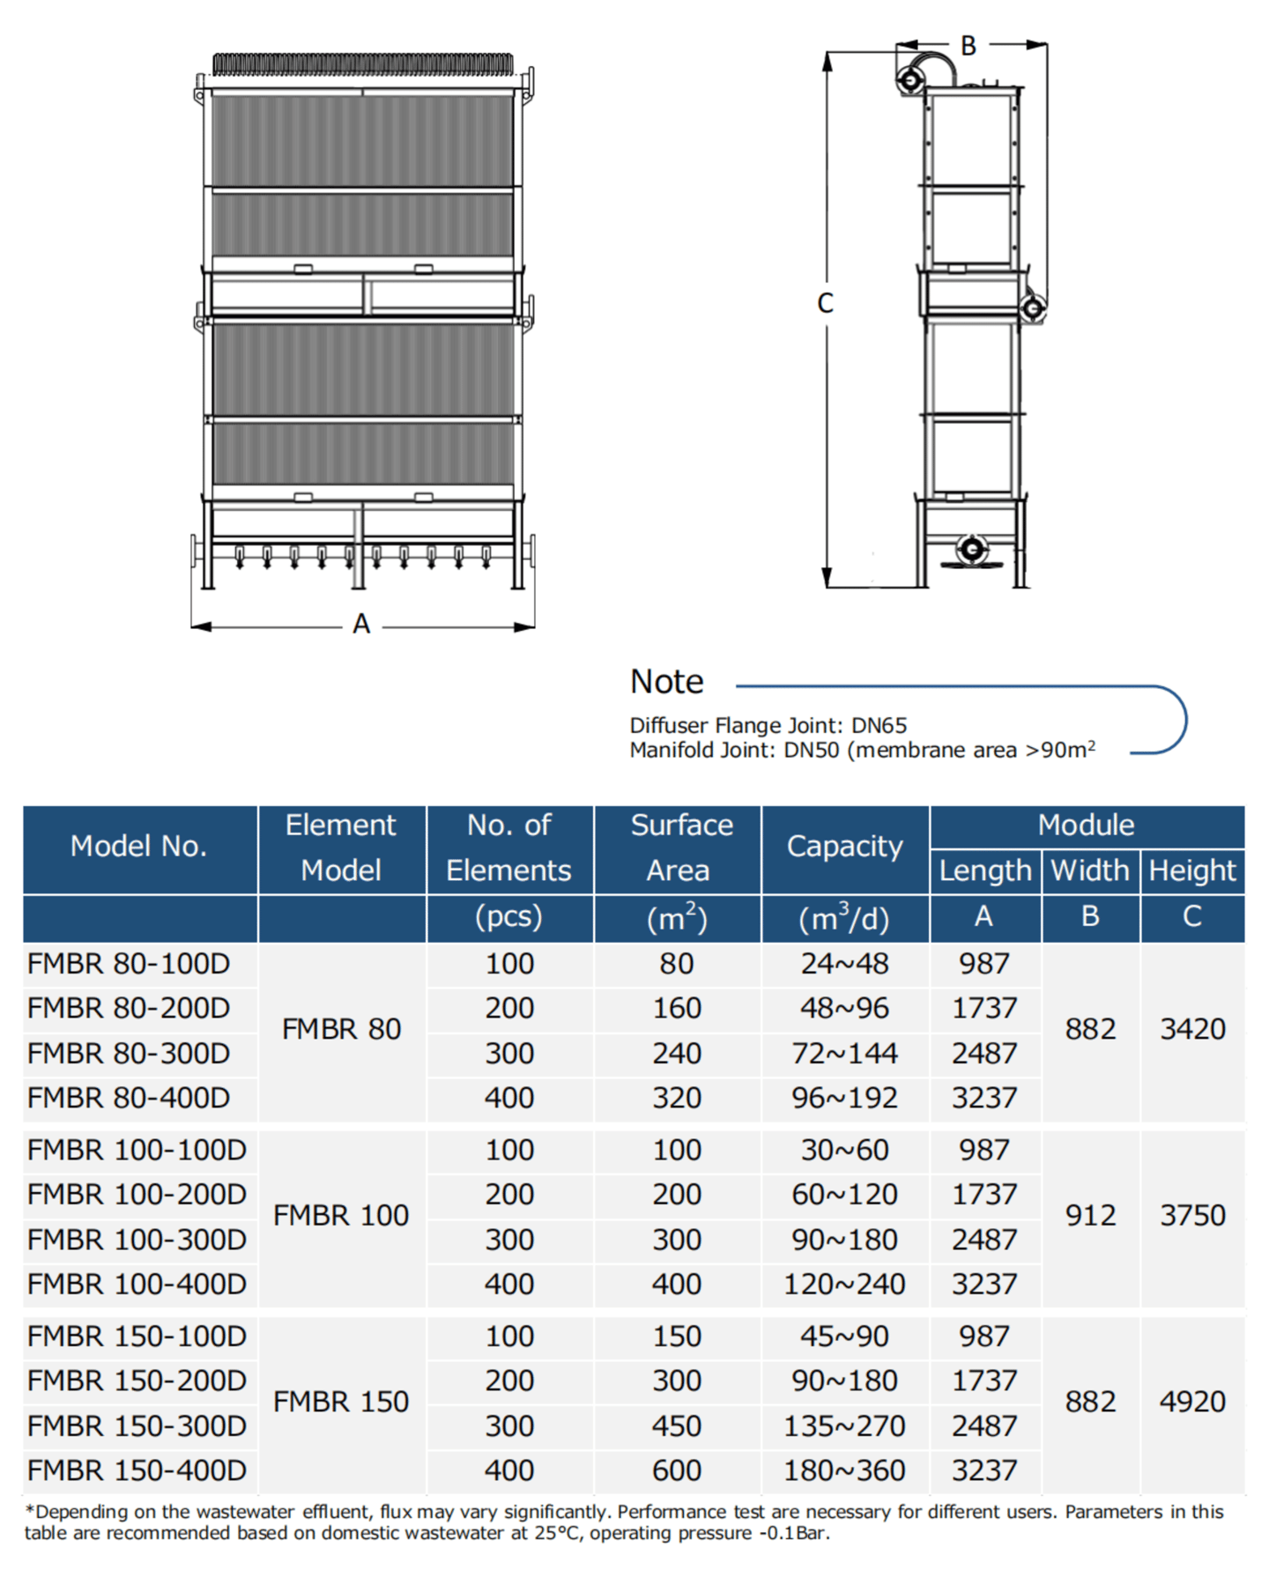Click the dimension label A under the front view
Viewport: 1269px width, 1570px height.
pyautogui.click(x=361, y=624)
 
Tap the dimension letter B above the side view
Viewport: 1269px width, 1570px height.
pyautogui.click(x=968, y=46)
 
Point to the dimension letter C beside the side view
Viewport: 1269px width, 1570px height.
pyautogui.click(x=825, y=303)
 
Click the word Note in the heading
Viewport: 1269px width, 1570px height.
pyautogui.click(x=666, y=681)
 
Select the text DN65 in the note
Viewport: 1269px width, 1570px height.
pyautogui.click(x=879, y=725)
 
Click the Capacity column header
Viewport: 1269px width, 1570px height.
pyautogui.click(x=844, y=847)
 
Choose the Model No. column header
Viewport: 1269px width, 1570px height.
pyautogui.click(x=138, y=847)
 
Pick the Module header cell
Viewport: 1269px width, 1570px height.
pyautogui.click(x=1086, y=826)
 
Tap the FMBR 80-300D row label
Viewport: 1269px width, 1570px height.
pyautogui.click(x=129, y=1053)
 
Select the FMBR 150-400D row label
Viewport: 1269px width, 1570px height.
pyautogui.click(x=137, y=1470)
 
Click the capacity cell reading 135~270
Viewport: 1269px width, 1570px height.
pyautogui.click(x=844, y=1426)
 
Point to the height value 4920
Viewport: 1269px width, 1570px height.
pyautogui.click(x=1192, y=1402)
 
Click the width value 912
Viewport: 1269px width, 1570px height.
pyautogui.click(x=1090, y=1216)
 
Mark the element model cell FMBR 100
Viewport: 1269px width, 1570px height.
pyautogui.click(x=341, y=1216)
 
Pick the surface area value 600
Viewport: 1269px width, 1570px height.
pyautogui.click(x=677, y=1470)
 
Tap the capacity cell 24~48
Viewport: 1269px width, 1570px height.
pyautogui.click(x=844, y=964)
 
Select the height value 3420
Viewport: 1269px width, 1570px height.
pyautogui.click(x=1192, y=1029)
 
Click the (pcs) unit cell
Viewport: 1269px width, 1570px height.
pyautogui.click(x=508, y=917)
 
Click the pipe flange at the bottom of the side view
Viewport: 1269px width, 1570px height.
pyautogui.click(x=971, y=549)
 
